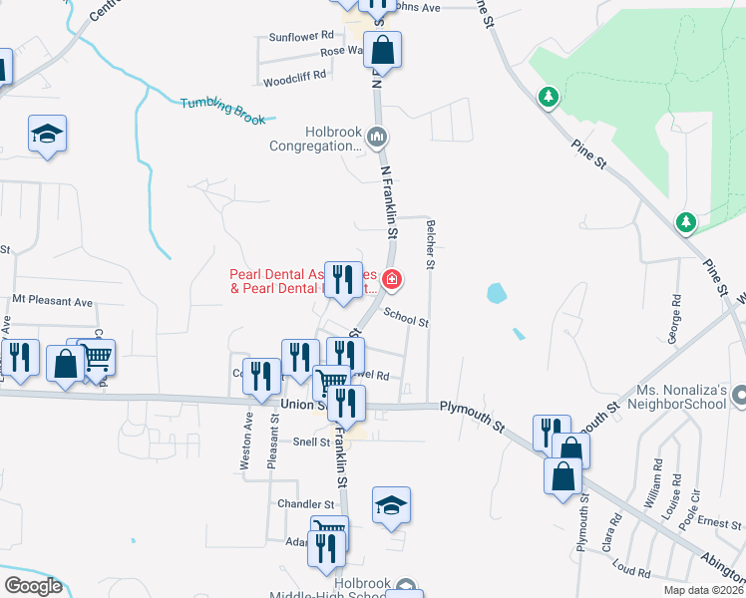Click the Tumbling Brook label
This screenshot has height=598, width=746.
coord(223,111)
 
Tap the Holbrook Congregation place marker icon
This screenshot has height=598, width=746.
coord(376,137)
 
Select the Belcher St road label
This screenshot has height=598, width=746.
coord(431,245)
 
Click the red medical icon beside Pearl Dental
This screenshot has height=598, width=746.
coord(392,279)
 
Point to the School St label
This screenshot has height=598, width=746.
coord(406,321)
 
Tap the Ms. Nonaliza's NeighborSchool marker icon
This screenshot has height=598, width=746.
coord(738,396)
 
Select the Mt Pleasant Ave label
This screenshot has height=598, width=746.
coord(52,300)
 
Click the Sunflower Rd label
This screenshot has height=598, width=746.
coord(300,37)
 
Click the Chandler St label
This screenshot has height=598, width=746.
coord(306,504)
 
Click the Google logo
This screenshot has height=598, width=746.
coord(33,585)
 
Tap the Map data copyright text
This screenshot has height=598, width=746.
coord(704,590)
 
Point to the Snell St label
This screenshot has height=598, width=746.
coord(311,442)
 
